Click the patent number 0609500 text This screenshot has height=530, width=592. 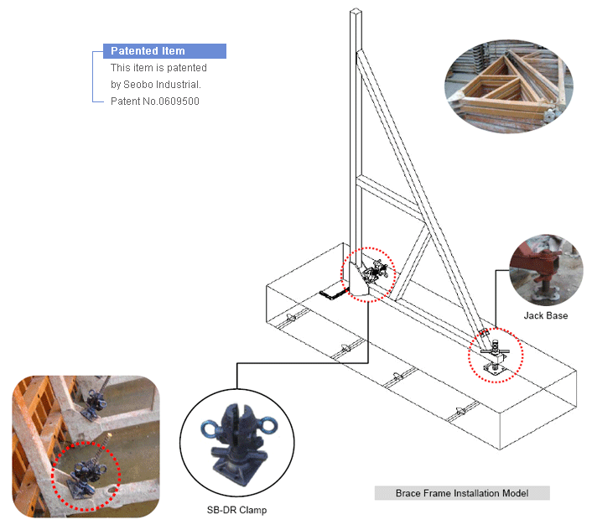point(155,101)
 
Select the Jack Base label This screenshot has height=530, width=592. point(545,316)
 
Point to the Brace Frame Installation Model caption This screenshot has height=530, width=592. point(462,493)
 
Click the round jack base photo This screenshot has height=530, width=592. point(545,270)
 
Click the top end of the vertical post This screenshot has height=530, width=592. point(359,13)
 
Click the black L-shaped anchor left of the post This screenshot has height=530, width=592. point(335,293)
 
